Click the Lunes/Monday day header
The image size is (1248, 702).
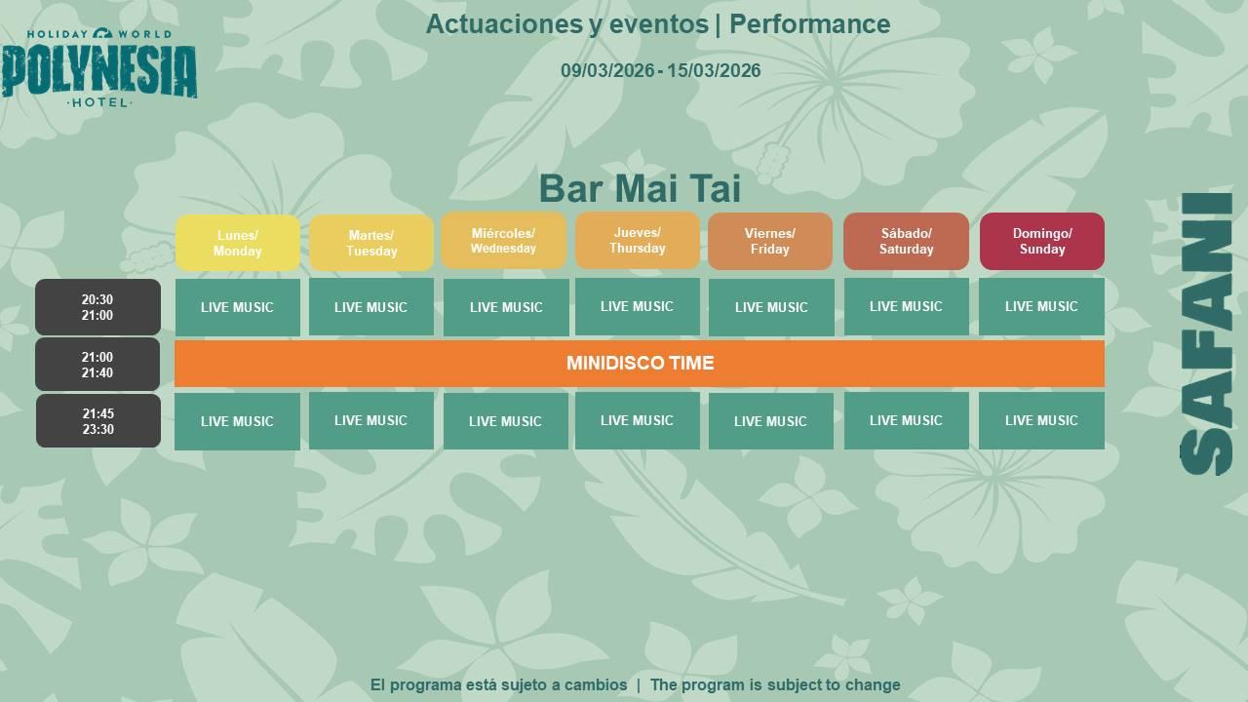tap(237, 243)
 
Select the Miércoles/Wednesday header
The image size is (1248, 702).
tap(504, 241)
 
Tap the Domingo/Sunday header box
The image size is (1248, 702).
tap(1042, 241)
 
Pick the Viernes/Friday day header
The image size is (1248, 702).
tap(770, 241)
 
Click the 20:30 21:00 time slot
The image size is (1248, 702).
tap(98, 307)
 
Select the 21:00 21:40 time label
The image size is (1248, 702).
tap(97, 365)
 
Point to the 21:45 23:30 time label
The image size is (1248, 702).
tap(98, 421)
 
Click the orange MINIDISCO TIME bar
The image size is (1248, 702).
tap(640, 364)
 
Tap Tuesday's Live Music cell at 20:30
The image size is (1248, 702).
tap(371, 307)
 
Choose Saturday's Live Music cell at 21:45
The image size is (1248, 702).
tap(906, 420)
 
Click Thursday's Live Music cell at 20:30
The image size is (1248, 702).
tap(638, 306)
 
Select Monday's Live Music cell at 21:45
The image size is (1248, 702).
tap(237, 421)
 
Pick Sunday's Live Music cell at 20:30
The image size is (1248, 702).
tap(1041, 306)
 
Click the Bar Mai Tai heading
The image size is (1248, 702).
tap(640, 188)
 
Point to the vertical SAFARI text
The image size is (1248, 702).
tap(1206, 333)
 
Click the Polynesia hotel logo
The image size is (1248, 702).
tap(99, 67)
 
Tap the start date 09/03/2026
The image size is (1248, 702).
tap(607, 71)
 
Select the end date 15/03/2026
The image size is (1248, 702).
tap(714, 71)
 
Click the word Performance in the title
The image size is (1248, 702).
tap(809, 24)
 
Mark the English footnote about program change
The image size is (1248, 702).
tap(775, 684)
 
